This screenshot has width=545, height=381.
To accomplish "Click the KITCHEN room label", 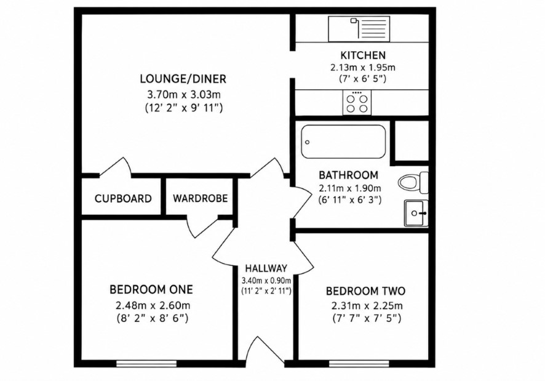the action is tap(363, 55).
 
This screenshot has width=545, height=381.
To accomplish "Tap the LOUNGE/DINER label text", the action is tap(183, 79).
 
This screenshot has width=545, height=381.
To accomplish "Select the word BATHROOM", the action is tap(348, 175).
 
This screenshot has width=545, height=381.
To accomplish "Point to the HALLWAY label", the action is tap(266, 268).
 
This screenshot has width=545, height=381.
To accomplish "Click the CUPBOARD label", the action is tap(123, 199).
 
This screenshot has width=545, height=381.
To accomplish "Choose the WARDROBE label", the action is tap(200, 198).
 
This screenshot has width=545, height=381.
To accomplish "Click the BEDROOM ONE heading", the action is tap(151, 289).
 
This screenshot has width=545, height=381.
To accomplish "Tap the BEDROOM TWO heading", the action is tap(365, 291).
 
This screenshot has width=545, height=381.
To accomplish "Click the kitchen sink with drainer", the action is tap(359, 28).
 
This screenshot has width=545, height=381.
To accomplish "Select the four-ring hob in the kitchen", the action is tap(357, 102).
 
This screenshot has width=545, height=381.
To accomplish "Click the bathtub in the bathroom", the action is tap(343, 142).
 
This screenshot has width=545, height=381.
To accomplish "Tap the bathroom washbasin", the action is tap(416, 213).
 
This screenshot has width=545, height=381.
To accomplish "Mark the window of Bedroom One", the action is tap(146, 364).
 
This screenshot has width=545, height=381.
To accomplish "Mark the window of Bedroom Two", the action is tap(359, 364).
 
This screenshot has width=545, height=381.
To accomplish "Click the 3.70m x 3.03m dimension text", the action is tap(184, 94).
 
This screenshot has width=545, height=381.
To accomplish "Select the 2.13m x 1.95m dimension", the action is tap(363, 67).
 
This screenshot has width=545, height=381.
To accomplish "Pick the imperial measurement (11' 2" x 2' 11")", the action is tap(266, 291).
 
